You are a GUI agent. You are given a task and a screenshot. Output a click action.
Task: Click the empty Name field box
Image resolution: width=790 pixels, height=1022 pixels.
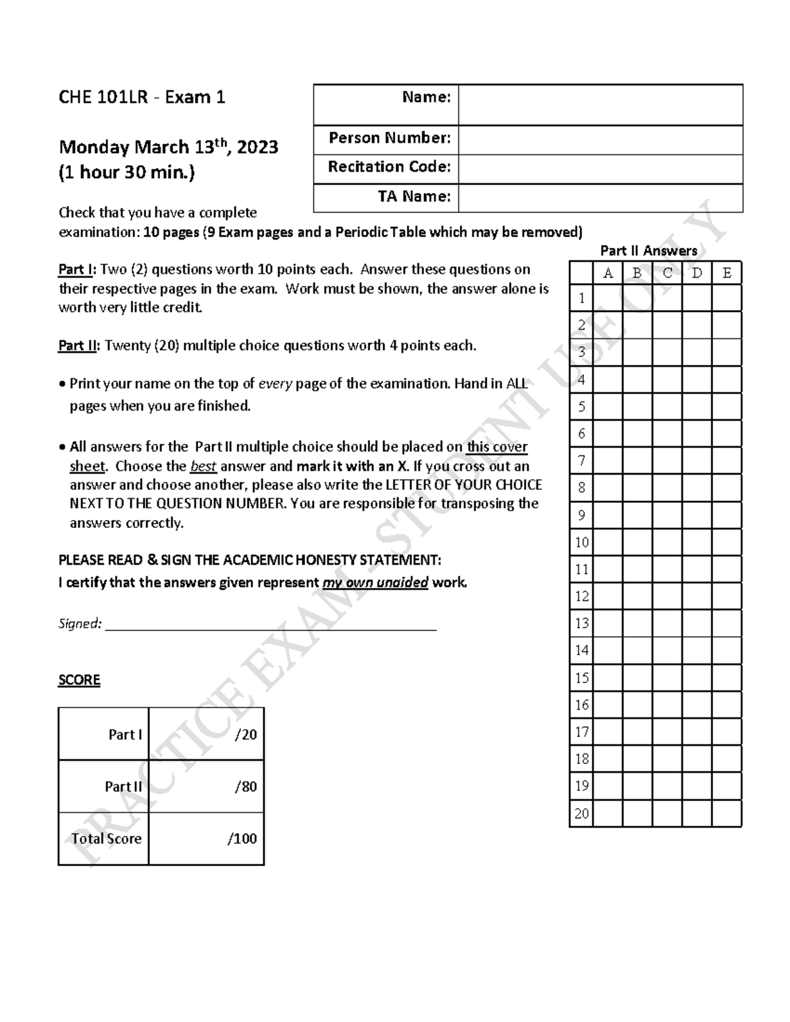click(x=600, y=105)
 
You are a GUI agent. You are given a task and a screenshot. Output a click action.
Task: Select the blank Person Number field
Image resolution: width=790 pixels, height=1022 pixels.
click(x=600, y=140)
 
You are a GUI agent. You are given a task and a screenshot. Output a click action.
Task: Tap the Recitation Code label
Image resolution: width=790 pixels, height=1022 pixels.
click(x=389, y=167)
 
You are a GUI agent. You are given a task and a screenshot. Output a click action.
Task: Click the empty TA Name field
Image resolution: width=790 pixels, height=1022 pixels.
click(x=600, y=198)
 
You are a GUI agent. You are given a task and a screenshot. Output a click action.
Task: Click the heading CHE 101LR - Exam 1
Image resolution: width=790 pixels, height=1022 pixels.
click(x=142, y=97)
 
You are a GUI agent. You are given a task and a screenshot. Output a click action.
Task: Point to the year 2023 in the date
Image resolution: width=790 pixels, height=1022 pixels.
click(x=257, y=147)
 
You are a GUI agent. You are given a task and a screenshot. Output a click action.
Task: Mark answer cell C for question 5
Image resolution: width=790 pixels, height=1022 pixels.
click(x=667, y=407)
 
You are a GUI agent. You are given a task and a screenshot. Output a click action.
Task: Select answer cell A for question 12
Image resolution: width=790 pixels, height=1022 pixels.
click(x=608, y=596)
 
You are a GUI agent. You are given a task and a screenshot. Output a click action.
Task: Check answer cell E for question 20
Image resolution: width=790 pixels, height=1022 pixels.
click(x=727, y=813)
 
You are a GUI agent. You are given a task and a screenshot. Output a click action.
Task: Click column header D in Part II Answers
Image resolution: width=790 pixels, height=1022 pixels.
click(x=697, y=273)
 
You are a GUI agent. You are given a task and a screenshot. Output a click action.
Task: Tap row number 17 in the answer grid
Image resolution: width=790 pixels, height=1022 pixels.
click(x=582, y=732)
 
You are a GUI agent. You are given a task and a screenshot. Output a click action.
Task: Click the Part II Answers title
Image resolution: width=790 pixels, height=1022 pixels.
click(x=648, y=251)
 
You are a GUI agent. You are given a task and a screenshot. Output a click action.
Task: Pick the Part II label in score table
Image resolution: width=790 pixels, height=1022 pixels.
click(x=123, y=787)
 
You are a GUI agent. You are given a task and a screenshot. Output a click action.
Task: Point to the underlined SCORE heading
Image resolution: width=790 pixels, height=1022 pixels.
click(x=79, y=680)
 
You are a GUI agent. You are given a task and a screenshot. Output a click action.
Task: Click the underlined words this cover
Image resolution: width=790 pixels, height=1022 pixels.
click(x=497, y=447)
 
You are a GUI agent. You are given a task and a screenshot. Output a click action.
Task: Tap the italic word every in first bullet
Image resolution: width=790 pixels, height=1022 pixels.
click(x=275, y=384)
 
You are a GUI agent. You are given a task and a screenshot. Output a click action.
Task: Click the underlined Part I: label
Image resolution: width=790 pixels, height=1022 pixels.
click(x=77, y=270)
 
